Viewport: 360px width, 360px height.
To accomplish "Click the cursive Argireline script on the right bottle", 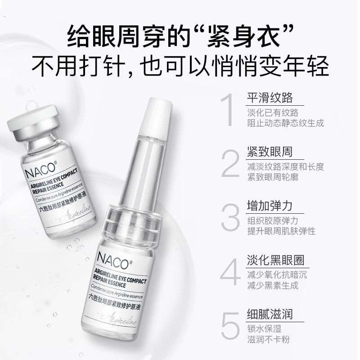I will point(128,319).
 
